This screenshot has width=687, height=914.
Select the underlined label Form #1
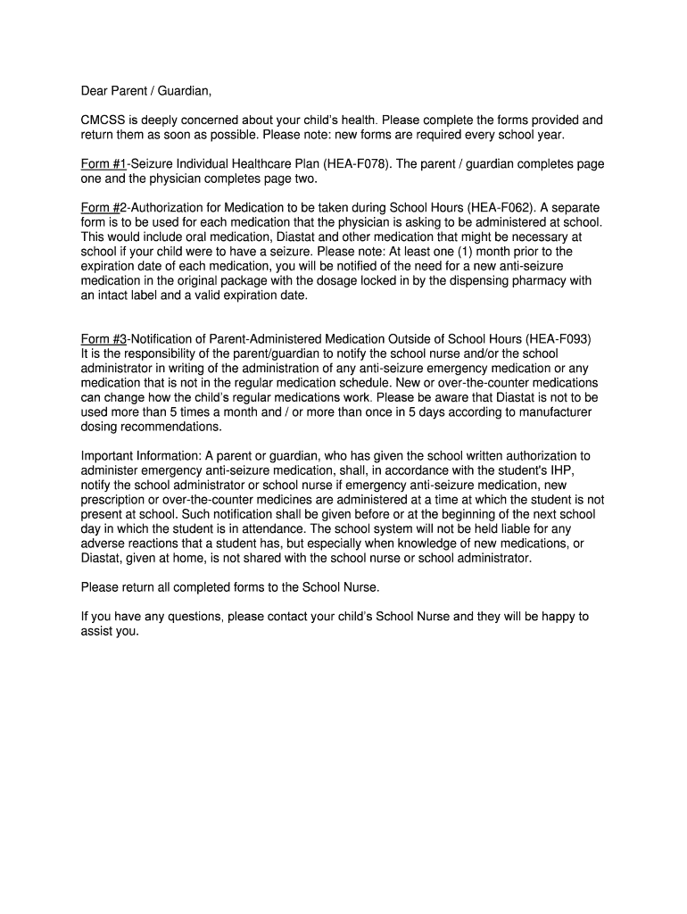[104, 164]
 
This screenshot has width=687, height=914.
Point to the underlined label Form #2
[104, 208]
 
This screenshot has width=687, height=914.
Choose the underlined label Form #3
[104, 339]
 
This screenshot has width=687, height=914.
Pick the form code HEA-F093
[558, 339]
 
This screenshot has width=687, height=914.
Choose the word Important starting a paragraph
[109, 456]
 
